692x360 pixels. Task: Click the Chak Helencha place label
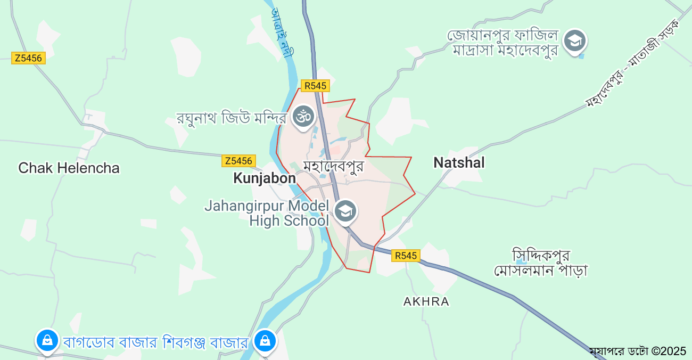click(69, 168)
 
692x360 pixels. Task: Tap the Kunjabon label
click(264, 178)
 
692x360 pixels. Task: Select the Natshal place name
click(459, 162)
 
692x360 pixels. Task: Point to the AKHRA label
click(426, 301)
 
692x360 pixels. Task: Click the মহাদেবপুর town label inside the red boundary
click(333, 166)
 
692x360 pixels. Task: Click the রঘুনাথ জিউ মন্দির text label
click(232, 117)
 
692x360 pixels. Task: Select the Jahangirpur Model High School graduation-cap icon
click(345, 211)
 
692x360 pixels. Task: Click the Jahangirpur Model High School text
click(267, 213)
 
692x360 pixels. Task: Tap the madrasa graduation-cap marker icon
click(575, 41)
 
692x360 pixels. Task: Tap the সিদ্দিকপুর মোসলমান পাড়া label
click(540, 262)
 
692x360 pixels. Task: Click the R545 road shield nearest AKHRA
click(406, 256)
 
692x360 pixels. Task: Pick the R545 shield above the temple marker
click(315, 86)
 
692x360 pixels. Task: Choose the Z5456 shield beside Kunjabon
click(238, 160)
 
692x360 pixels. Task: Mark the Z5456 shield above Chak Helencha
click(28, 58)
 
